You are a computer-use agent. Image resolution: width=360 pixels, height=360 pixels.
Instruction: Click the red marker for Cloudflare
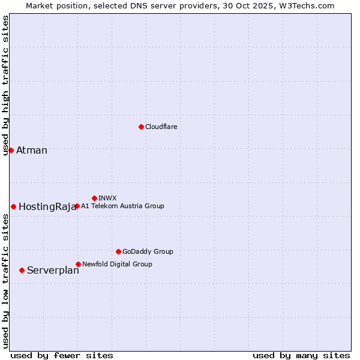pyautogui.click(x=141, y=127)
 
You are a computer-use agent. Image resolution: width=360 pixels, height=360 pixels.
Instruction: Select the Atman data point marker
pyautogui.click(x=11, y=150)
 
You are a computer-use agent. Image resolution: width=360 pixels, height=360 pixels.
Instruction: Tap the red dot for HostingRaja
pyautogui.click(x=13, y=206)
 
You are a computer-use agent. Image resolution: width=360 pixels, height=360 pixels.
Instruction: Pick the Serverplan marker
pyautogui.click(x=22, y=270)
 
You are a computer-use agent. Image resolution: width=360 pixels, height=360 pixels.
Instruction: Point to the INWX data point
pyautogui.click(x=94, y=198)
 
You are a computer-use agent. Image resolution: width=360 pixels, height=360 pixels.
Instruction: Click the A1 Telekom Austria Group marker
pyautogui.click(x=77, y=206)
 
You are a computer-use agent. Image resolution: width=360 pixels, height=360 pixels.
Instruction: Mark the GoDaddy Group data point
pyautogui.click(x=118, y=251)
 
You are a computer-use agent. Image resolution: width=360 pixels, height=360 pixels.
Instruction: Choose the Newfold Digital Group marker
pyautogui.click(x=78, y=264)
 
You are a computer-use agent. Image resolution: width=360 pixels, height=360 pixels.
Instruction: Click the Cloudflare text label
pyautogui.click(x=161, y=127)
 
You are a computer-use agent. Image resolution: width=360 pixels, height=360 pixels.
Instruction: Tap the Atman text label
pyautogui.click(x=32, y=150)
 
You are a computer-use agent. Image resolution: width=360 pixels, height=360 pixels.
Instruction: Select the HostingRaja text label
pyautogui.click(x=47, y=207)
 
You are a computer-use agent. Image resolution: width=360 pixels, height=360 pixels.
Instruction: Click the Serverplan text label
pyautogui.click(x=53, y=271)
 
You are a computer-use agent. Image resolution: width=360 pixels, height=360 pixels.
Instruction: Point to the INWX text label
pyautogui.click(x=107, y=198)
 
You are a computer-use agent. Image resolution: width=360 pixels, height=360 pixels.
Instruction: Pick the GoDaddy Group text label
pyautogui.click(x=148, y=251)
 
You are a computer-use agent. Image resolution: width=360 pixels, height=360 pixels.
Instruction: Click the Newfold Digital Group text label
pyautogui.click(x=117, y=264)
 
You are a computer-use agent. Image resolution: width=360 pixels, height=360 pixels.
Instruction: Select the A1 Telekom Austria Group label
pyautogui.click(x=122, y=206)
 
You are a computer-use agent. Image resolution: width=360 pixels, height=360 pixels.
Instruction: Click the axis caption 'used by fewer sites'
pyautogui.click(x=62, y=355)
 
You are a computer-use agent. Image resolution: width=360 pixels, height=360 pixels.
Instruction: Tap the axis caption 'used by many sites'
pyautogui.click(x=301, y=355)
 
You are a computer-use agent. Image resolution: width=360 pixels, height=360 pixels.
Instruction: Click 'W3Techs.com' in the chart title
pyautogui.click(x=305, y=5)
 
